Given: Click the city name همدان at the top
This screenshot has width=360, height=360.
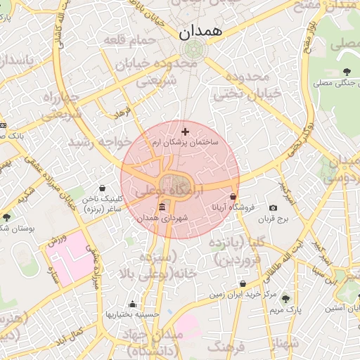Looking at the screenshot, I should pos(200,31).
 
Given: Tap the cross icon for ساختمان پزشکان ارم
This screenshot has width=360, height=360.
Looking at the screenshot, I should pos(185,131).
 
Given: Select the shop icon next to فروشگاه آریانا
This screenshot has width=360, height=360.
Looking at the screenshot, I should pos(233,197).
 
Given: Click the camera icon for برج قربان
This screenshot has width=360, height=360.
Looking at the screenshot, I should pos(273,209).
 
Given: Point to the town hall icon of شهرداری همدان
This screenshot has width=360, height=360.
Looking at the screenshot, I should pos(162,207).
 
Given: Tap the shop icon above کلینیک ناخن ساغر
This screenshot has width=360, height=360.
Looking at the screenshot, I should pos(104,188).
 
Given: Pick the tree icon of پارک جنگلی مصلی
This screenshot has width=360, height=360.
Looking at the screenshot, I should pos(347,71).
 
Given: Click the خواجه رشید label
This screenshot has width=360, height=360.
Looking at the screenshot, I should pos(99,141).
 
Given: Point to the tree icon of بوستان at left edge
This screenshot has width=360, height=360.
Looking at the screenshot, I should pos(7,218).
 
